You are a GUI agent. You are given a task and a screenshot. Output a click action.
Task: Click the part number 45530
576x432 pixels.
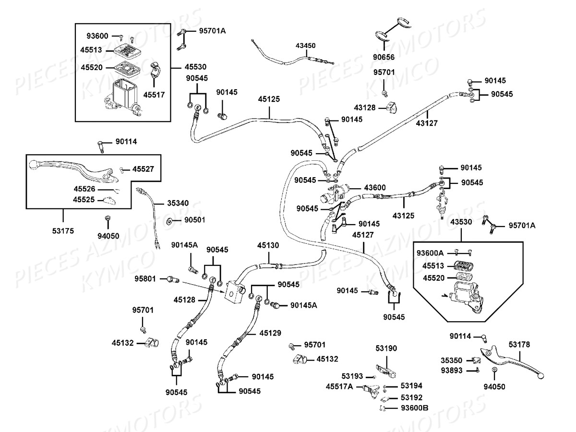point(195,67)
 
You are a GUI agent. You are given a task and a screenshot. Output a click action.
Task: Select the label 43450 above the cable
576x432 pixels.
point(305,46)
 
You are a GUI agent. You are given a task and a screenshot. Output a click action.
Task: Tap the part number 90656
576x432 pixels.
point(384,57)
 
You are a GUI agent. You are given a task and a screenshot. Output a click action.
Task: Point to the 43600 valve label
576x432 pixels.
point(375,188)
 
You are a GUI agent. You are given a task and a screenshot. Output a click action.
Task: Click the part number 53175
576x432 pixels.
point(63,231)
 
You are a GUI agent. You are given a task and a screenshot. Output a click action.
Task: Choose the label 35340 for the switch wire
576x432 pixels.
point(178,203)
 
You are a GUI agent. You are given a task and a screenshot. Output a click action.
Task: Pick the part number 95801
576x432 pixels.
point(145,279)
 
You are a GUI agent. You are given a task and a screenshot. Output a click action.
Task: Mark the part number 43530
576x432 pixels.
point(461,222)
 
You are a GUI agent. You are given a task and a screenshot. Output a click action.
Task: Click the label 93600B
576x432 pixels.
point(415,408)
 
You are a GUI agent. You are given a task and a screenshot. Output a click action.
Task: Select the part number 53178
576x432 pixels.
point(519,344)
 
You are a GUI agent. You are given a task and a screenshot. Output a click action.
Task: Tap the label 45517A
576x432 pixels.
point(339,386)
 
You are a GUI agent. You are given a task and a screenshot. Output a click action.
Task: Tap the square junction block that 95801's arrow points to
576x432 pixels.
point(234,292)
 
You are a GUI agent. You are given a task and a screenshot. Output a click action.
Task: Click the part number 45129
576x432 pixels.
point(270,333)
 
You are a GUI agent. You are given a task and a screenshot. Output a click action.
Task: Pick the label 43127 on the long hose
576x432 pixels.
point(427,123)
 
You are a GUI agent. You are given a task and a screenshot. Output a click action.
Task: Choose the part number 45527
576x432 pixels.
point(143,169)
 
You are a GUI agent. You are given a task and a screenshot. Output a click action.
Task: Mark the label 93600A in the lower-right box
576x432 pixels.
point(430,253)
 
